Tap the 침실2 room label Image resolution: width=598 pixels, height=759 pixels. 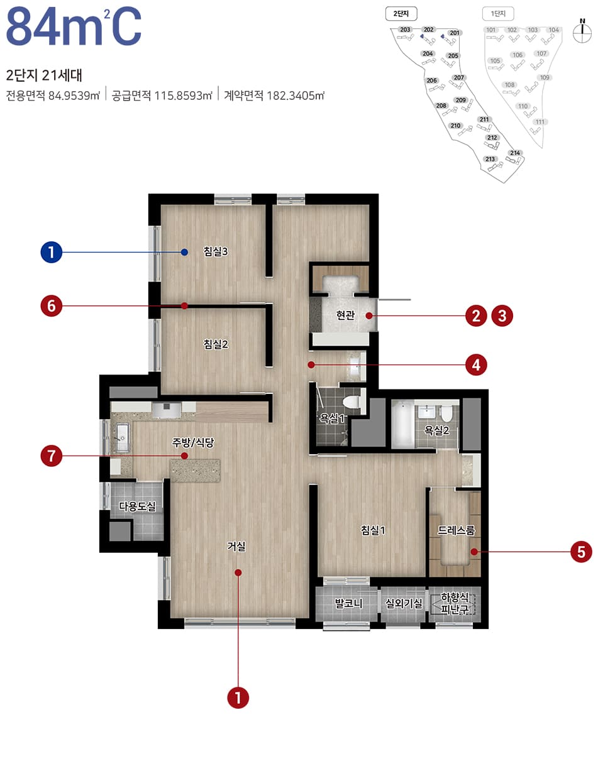(x=216, y=344)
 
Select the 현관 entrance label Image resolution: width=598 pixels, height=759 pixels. (x=345, y=316)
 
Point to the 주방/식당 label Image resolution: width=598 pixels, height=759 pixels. (x=194, y=442)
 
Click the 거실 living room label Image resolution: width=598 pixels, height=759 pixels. (x=236, y=547)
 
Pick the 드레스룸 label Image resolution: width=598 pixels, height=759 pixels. (x=457, y=530)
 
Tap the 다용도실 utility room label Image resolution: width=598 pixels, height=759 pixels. (x=138, y=506)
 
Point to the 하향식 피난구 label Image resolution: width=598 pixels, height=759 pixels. (x=455, y=603)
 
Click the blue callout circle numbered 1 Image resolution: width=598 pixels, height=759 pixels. (x=51, y=253)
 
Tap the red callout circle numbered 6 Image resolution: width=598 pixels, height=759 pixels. (x=51, y=306)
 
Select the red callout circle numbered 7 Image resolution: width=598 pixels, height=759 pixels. (x=51, y=456)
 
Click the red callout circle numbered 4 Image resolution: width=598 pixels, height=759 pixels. (x=476, y=364)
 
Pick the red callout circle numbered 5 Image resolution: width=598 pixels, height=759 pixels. (x=581, y=552)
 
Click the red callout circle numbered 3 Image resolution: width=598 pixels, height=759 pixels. (x=502, y=315)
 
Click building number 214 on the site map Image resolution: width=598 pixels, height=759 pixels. (x=516, y=153)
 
